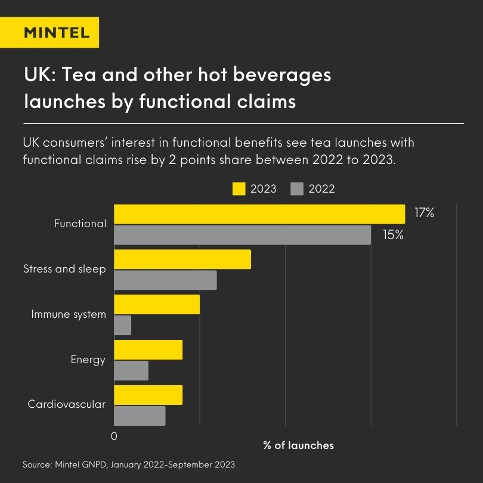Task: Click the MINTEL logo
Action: click(57, 32)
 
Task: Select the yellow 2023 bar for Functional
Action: click(259, 214)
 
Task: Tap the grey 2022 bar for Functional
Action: click(242, 235)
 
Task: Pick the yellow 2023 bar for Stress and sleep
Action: click(182, 259)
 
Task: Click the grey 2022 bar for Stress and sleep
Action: click(165, 280)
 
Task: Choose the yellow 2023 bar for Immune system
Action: click(157, 305)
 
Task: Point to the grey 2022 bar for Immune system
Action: click(122, 326)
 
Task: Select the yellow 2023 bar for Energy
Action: click(148, 350)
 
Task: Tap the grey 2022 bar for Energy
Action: click(131, 371)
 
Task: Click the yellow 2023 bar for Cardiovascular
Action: click(148, 395)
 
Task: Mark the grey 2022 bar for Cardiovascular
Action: click(140, 416)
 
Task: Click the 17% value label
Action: click(424, 212)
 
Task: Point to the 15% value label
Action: click(393, 235)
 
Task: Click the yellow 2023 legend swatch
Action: click(239, 189)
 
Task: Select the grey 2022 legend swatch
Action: click(297, 189)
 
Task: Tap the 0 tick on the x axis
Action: click(114, 436)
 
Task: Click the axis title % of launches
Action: click(298, 445)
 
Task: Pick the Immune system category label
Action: click(69, 314)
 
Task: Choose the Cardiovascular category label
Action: click(67, 404)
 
